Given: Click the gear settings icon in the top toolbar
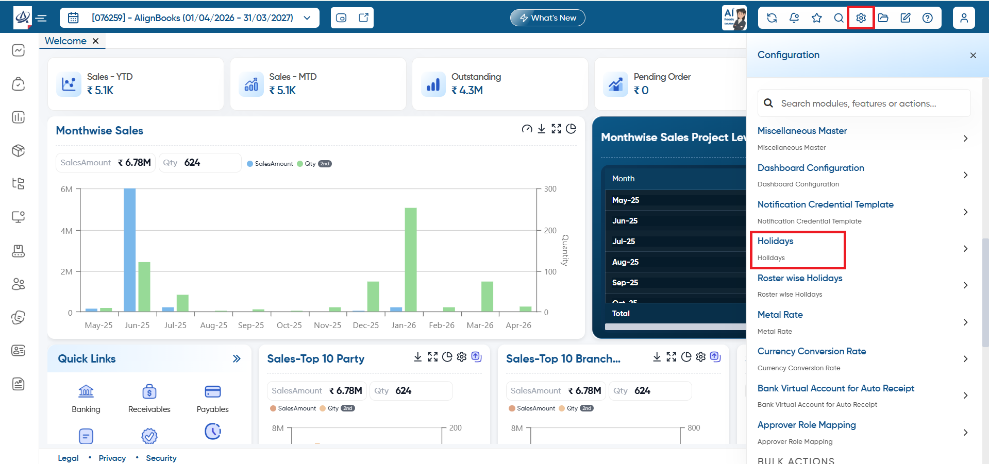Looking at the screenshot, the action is pyautogui.click(x=861, y=18).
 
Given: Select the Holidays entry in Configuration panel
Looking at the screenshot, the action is pyautogui.click(x=775, y=241).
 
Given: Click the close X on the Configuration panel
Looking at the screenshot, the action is pyautogui.click(x=973, y=55).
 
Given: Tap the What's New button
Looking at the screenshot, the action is pyautogui.click(x=547, y=18).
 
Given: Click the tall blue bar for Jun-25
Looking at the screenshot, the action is pyautogui.click(x=129, y=250).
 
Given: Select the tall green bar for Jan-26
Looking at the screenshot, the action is pyautogui.click(x=411, y=260).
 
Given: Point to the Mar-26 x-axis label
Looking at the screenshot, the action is pyautogui.click(x=480, y=325).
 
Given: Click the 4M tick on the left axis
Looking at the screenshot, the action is pyautogui.click(x=66, y=231).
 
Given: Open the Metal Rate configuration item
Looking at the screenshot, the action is pyautogui.click(x=780, y=315).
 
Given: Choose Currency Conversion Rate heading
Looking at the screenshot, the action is pyautogui.click(x=812, y=351).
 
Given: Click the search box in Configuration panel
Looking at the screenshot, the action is pyautogui.click(x=864, y=103).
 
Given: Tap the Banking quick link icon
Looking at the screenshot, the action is pyautogui.click(x=86, y=391).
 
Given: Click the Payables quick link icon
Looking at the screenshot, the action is pyautogui.click(x=213, y=391).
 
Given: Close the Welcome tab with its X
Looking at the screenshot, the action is pyautogui.click(x=95, y=41).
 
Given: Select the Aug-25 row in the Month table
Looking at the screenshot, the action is pyautogui.click(x=625, y=262).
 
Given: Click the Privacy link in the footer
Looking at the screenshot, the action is pyautogui.click(x=112, y=458).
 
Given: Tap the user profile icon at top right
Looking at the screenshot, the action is pyautogui.click(x=964, y=18).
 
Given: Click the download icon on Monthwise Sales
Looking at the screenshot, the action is pyautogui.click(x=542, y=129).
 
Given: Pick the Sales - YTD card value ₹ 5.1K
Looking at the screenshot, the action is pyautogui.click(x=100, y=91).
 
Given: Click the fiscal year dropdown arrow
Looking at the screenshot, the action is pyautogui.click(x=307, y=18).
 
